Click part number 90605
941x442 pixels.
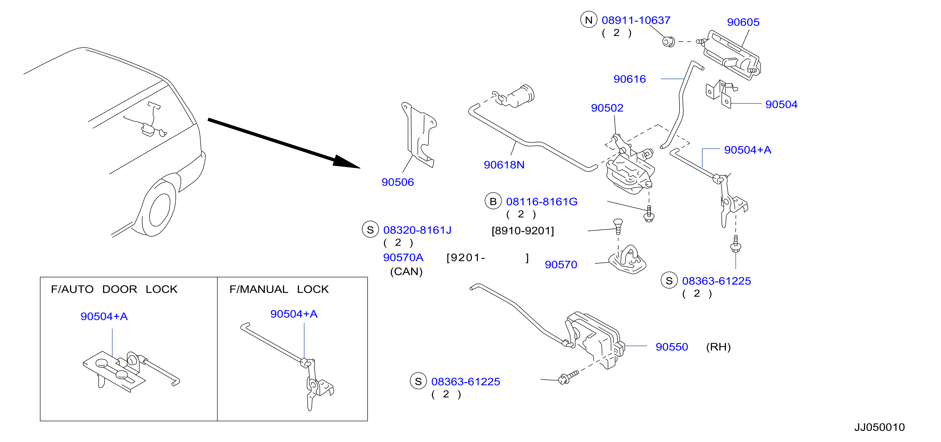point(743,22)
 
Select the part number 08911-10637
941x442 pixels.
point(636,21)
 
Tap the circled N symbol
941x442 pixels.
point(589,20)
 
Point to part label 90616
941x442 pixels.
point(629,79)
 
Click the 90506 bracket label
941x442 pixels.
point(397,182)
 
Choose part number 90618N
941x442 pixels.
point(504,165)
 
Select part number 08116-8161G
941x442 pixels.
point(542,202)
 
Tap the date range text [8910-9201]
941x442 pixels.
point(523,231)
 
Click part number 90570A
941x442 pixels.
point(403,258)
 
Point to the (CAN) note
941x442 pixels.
point(406,272)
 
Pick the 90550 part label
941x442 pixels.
point(672,347)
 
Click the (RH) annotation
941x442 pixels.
point(718,347)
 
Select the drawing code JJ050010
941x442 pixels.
point(879,427)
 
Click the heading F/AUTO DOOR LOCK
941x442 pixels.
point(114,289)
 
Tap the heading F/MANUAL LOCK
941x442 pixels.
point(279,289)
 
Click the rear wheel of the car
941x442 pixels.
point(159,209)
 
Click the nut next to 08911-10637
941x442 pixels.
point(668,42)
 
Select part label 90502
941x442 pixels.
point(607,108)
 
